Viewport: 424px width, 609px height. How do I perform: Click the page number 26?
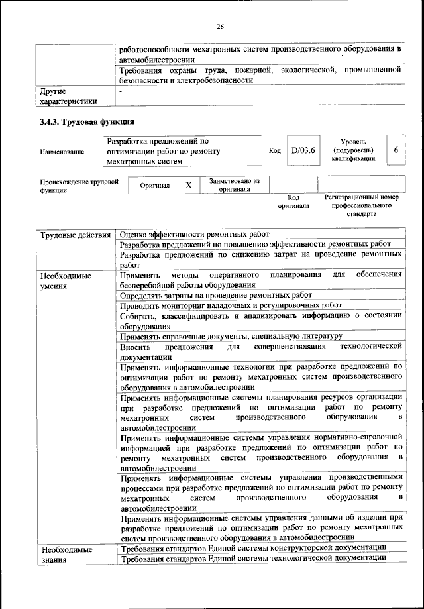click(x=221, y=27)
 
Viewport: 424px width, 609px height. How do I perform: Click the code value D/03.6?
click(x=302, y=151)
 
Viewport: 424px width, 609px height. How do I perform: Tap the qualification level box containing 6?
click(x=396, y=150)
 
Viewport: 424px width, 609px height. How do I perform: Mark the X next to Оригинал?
click(x=188, y=186)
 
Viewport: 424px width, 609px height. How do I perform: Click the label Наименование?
click(x=62, y=152)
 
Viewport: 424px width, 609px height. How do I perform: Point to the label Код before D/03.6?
click(x=275, y=151)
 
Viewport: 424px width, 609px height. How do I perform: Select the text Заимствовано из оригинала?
click(x=234, y=185)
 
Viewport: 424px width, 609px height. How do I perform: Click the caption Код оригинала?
click(x=293, y=202)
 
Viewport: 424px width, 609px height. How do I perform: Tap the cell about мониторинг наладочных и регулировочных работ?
click(x=231, y=306)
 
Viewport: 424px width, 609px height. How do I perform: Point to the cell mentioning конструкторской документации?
click(x=252, y=548)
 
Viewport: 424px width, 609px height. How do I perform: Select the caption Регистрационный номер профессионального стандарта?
click(x=361, y=206)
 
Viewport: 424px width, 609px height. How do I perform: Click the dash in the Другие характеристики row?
click(x=121, y=91)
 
